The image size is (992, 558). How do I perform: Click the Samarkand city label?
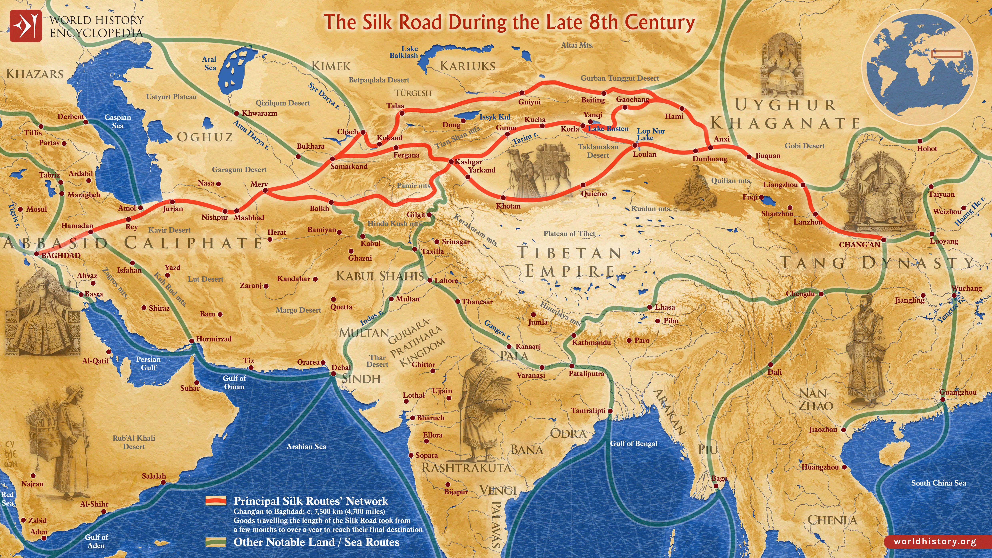point(349,167)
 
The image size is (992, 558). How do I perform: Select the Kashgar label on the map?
point(468,162)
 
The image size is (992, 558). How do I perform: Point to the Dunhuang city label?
point(710,159)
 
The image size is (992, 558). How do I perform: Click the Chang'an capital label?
point(860,245)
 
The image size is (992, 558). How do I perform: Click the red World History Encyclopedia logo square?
point(25,26)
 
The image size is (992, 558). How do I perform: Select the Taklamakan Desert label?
point(598,151)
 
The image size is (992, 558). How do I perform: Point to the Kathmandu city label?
point(591,343)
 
